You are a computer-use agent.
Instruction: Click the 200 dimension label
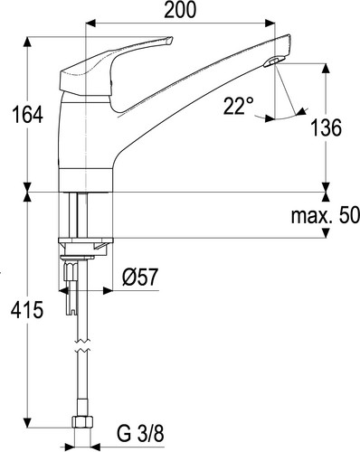[x=180, y=10]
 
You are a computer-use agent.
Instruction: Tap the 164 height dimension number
[x=27, y=115]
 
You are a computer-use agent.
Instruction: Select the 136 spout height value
[x=326, y=127]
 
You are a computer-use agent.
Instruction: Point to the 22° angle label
[x=239, y=106]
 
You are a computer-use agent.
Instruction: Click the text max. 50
[x=326, y=215]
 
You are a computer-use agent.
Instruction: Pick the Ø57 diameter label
[x=140, y=278]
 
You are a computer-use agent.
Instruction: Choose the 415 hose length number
[x=27, y=310]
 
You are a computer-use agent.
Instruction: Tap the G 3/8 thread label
[x=140, y=434]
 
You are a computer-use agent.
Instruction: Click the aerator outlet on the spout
[x=274, y=61]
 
